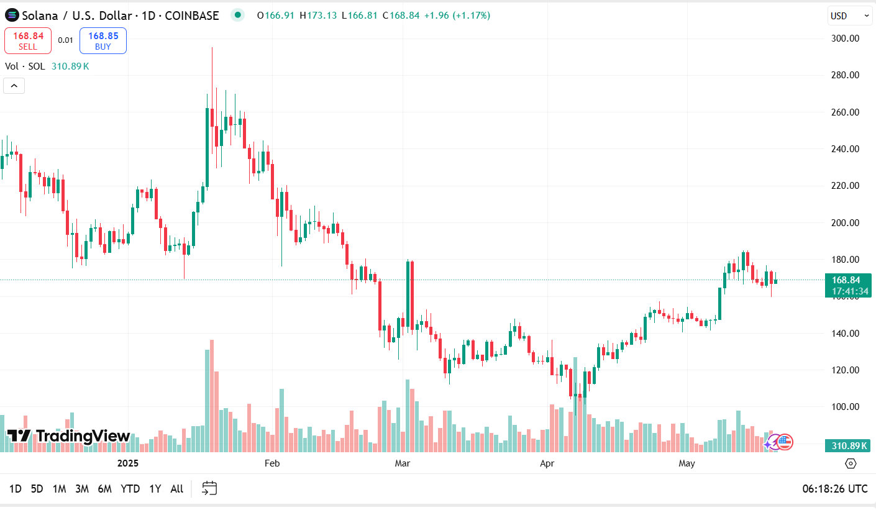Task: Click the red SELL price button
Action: click(x=28, y=40)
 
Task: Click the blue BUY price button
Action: click(x=103, y=40)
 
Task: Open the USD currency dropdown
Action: click(x=849, y=16)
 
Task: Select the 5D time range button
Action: click(x=37, y=489)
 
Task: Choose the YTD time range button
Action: click(x=130, y=489)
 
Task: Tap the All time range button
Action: click(x=176, y=489)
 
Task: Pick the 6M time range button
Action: click(x=104, y=489)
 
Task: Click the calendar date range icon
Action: click(x=210, y=488)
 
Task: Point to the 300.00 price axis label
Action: click(x=845, y=39)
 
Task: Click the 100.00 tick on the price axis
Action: click(x=845, y=407)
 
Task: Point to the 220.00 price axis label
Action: click(x=845, y=186)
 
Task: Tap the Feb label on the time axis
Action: click(x=272, y=463)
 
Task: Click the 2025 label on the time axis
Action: click(x=127, y=463)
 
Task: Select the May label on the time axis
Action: click(x=687, y=463)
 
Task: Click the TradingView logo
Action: click(x=68, y=436)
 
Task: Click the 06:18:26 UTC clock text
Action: click(x=834, y=489)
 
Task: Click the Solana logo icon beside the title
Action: click(x=12, y=16)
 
